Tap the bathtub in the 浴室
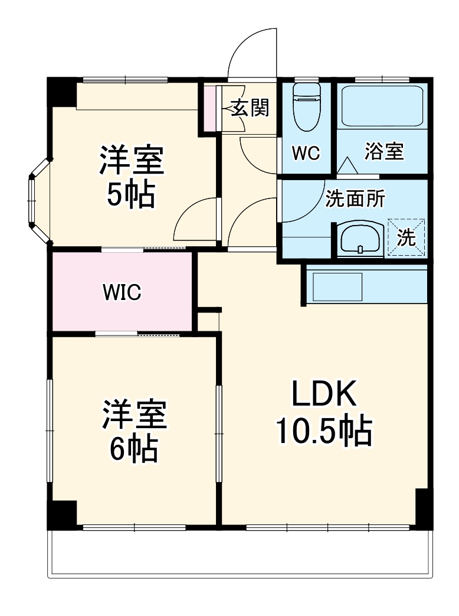383,106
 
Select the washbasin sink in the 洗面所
359,239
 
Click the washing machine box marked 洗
406,237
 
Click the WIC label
122,292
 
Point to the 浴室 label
384,151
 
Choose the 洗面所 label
355,200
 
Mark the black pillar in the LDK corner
423,508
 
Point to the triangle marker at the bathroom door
346,165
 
